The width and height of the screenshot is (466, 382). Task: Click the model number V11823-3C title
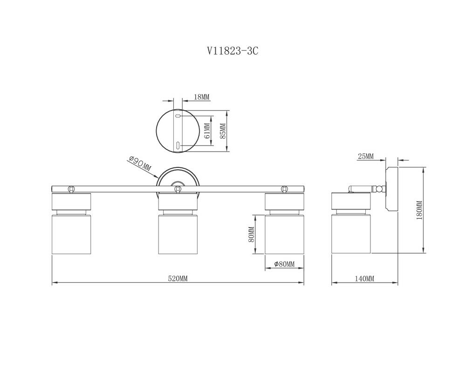(x=233, y=51)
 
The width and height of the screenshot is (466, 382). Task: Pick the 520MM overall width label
(x=178, y=278)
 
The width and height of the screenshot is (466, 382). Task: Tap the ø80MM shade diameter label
(x=284, y=264)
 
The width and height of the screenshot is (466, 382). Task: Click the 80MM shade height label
(x=251, y=234)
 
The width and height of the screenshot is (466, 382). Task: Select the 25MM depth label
(x=365, y=156)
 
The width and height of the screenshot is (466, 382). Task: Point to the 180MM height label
(x=419, y=210)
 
